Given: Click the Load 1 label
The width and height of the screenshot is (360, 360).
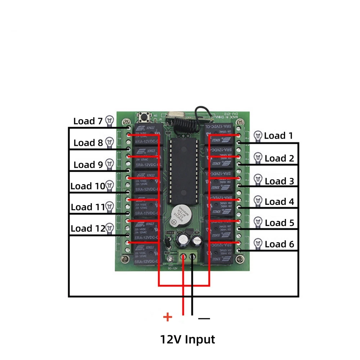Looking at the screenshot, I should tap(279, 136).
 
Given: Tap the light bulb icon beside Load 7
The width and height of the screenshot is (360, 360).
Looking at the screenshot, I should tap(109, 121).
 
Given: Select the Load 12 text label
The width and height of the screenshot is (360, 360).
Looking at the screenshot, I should tap(87, 228).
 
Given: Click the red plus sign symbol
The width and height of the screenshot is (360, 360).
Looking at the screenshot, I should tap(168, 317).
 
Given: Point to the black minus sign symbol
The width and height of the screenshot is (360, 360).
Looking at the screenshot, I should tap(204, 318).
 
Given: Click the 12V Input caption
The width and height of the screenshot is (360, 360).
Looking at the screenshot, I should tap(187, 339).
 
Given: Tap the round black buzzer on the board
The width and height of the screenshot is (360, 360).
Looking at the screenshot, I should tap(179, 215).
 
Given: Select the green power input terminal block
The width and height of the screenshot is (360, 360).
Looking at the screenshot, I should tap(188, 258).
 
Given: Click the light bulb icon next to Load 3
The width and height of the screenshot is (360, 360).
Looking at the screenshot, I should tap(258, 179).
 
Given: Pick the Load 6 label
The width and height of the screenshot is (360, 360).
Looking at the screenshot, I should tap(280, 244).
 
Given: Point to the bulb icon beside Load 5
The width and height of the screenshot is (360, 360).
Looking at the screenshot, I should tap(258, 222).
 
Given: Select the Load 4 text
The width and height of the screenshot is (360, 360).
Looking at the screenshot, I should tap(280, 202).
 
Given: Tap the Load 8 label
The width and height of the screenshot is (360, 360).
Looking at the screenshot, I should tap(88, 143).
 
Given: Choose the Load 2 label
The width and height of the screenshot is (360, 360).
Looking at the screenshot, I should tap(280, 158).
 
